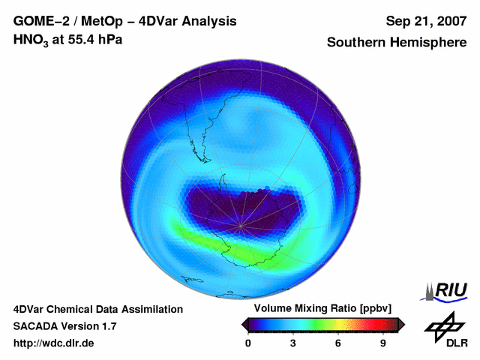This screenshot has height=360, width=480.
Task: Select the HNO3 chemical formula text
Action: tap(32, 40)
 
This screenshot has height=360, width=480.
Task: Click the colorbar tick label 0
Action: tap(248, 343)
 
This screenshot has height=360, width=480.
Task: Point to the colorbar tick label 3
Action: tap(293, 343)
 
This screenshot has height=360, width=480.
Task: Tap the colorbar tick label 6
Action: tap(338, 343)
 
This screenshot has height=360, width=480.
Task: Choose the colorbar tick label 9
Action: tap(383, 343)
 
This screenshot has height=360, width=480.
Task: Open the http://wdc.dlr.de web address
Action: tap(54, 343)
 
